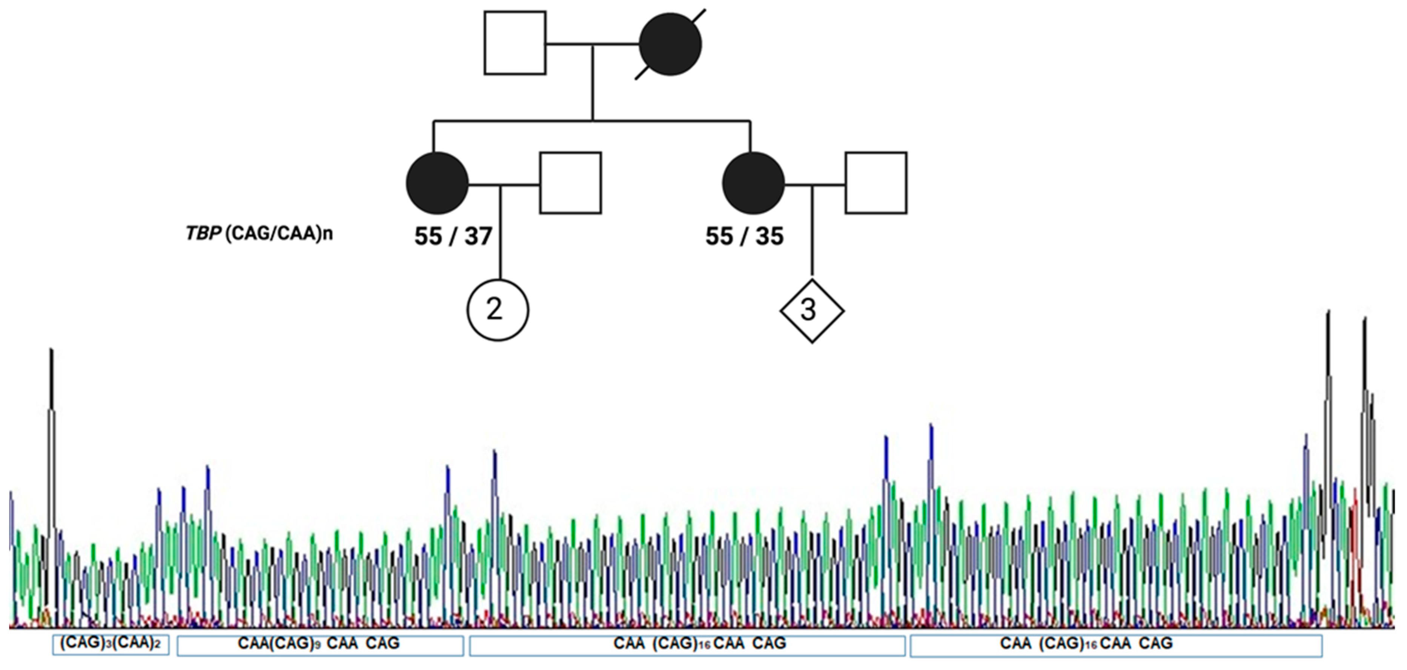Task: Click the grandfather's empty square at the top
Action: (x=515, y=43)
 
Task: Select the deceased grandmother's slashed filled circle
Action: (x=670, y=44)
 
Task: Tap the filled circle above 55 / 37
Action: (x=437, y=183)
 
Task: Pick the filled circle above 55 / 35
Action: (x=753, y=183)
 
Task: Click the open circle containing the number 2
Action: (x=498, y=310)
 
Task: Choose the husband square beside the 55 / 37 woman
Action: (x=571, y=183)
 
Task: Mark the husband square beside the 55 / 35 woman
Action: (x=876, y=183)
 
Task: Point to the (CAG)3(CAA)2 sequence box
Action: (x=111, y=644)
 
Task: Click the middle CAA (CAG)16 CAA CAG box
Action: (x=687, y=645)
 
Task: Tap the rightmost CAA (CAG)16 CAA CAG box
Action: (x=1115, y=645)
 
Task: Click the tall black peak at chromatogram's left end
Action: (x=51, y=382)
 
